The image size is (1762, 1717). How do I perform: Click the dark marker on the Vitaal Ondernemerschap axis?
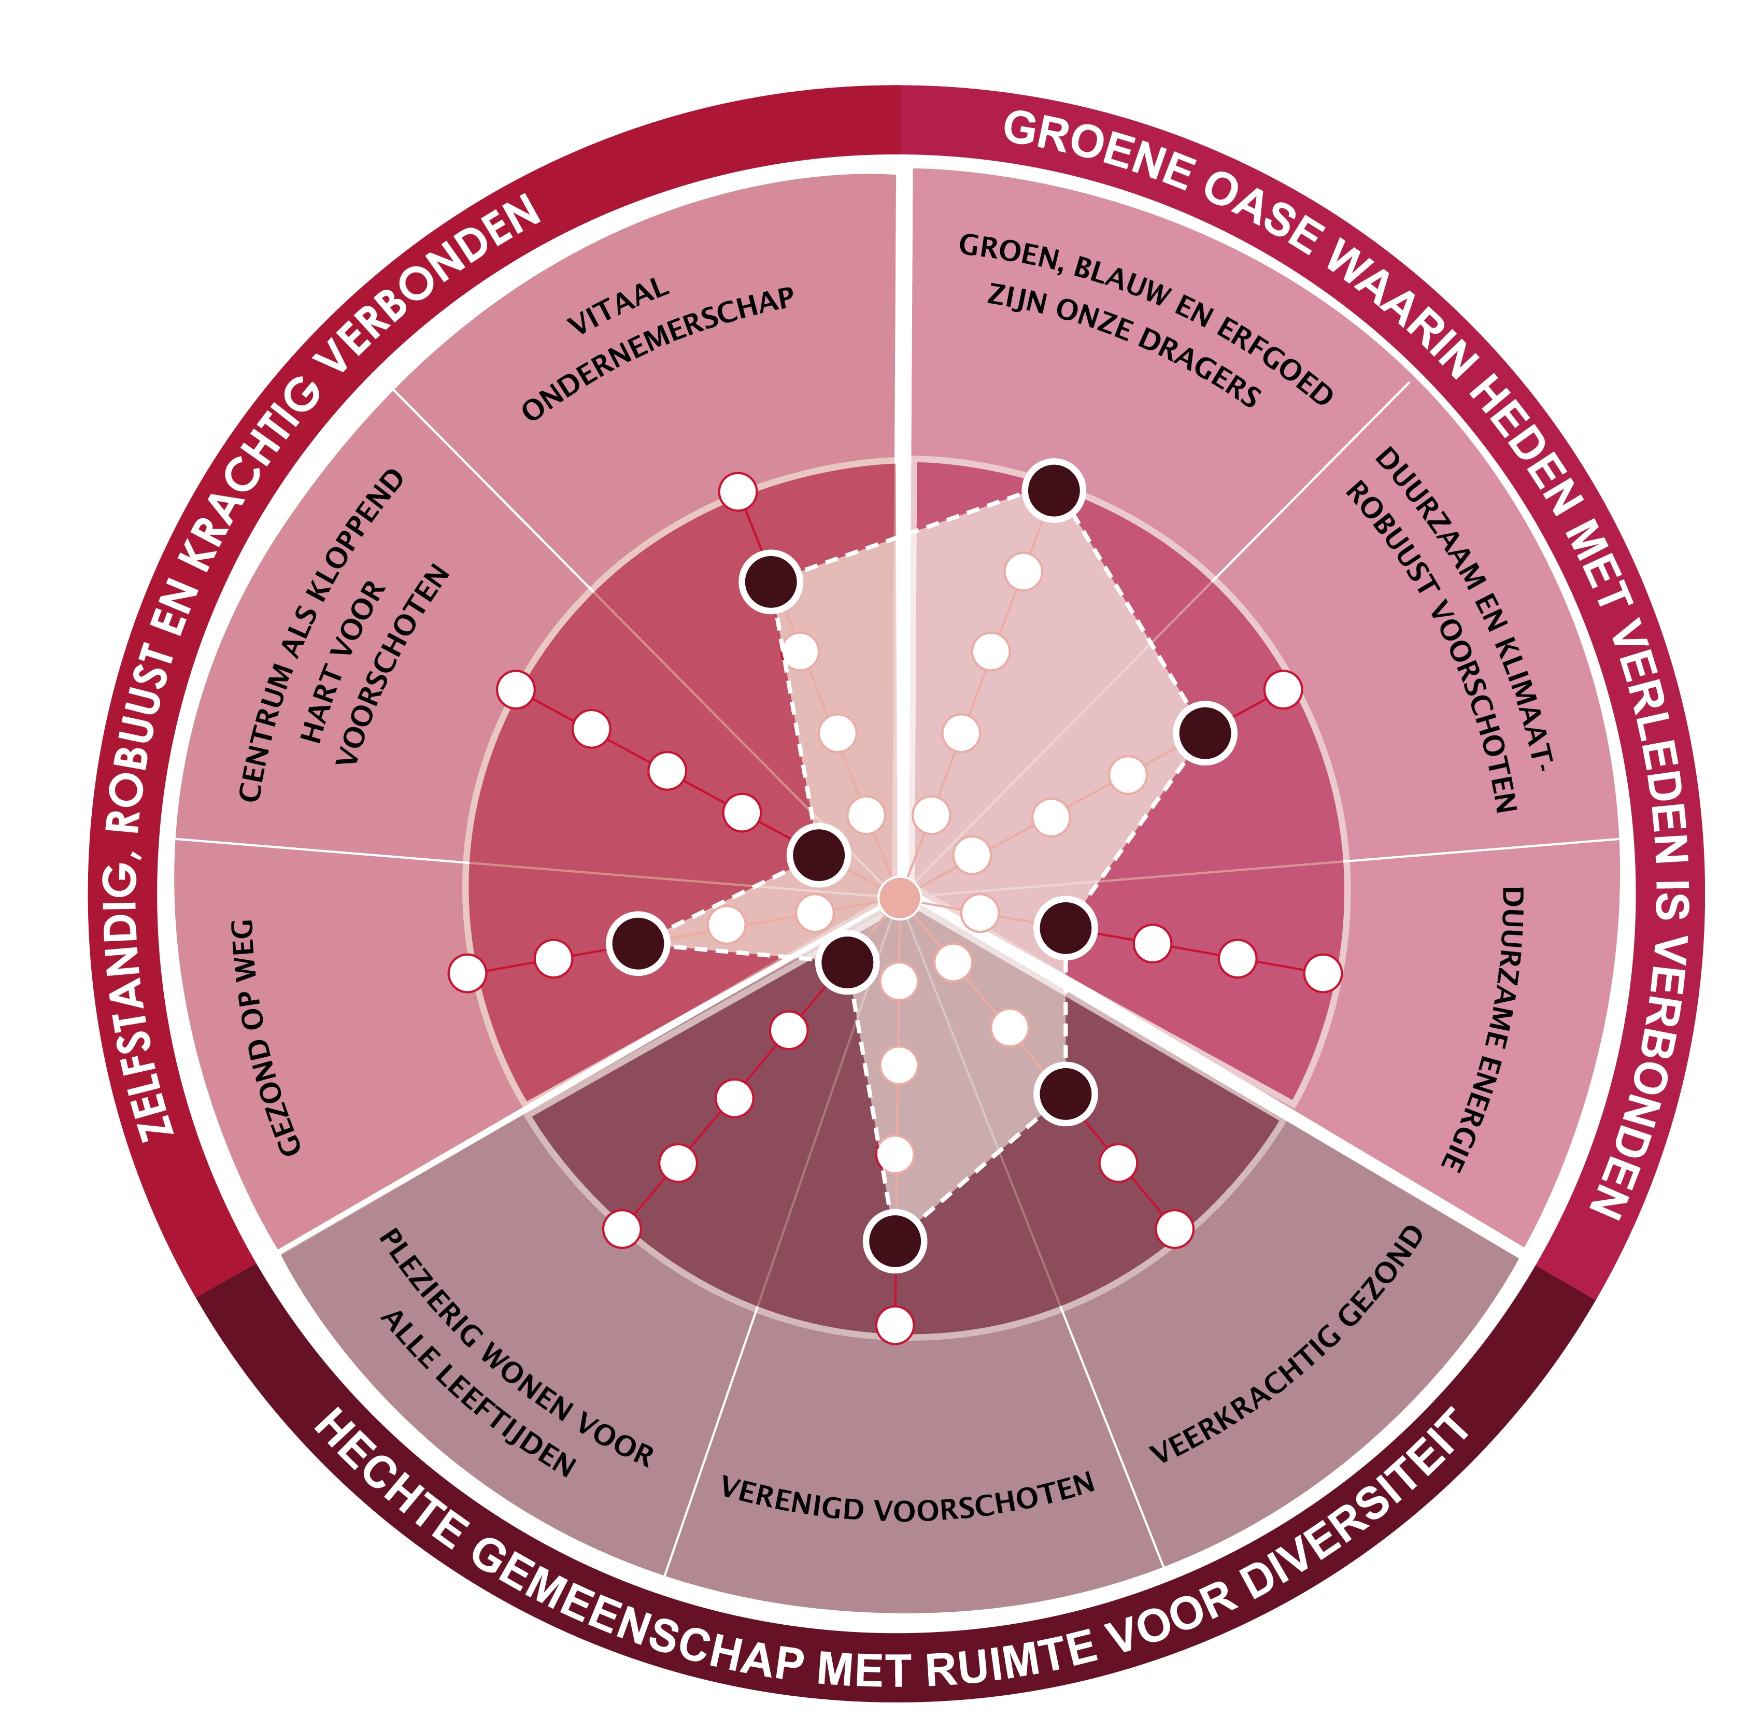771,581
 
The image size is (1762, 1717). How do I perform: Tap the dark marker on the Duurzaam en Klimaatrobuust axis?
1205,733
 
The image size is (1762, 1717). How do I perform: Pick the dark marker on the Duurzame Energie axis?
1066,927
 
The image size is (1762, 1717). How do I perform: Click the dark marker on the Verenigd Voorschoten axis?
894,1240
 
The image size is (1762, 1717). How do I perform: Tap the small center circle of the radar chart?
899,898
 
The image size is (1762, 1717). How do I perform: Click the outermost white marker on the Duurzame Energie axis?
1322,973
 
